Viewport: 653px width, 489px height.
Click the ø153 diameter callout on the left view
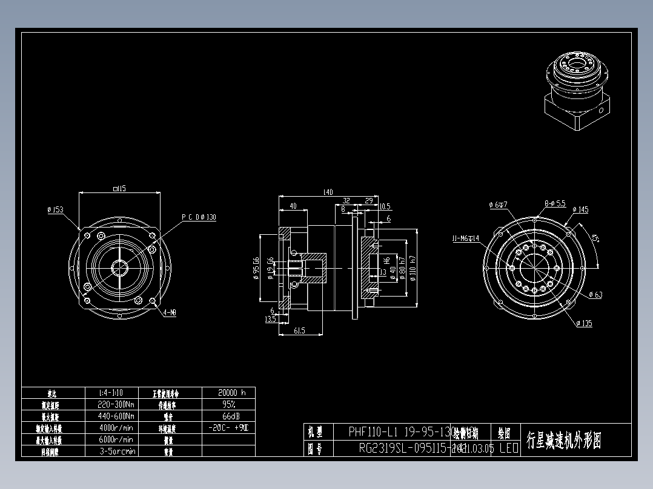coord(55,210)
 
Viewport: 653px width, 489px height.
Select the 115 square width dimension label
coord(119,189)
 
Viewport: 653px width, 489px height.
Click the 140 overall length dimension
coord(327,192)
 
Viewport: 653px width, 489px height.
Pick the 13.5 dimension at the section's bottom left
coord(270,319)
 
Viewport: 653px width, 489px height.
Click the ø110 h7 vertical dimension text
coord(413,270)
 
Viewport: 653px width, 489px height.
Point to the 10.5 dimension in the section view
coord(384,206)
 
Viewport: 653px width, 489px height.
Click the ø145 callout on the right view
coord(580,210)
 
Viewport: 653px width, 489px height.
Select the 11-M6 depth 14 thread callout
coord(465,238)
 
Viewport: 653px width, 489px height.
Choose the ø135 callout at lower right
coord(584,323)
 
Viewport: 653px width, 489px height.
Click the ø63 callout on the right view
coord(595,295)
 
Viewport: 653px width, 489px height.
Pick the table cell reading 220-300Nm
coord(116,404)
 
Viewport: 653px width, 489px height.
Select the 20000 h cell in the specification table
coord(228,392)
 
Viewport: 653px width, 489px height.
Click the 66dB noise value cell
coord(228,416)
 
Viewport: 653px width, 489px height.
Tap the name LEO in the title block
coord(508,448)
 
